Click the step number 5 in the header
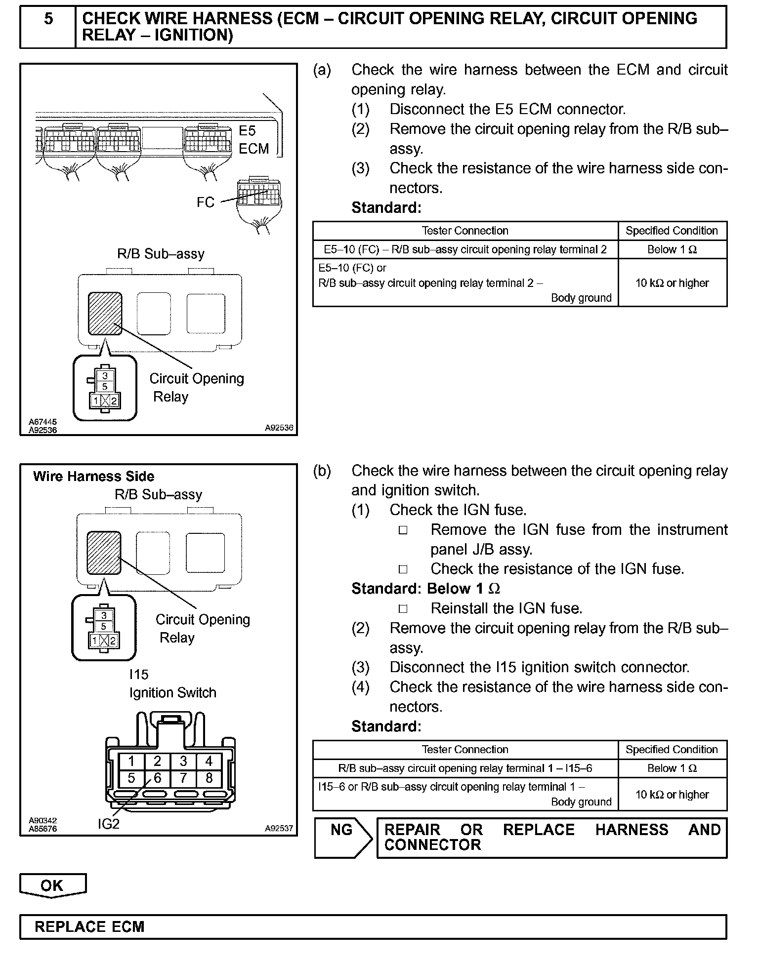pyautogui.click(x=48, y=19)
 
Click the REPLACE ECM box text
pyautogui.click(x=89, y=926)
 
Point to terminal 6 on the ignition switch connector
pyautogui.click(x=157, y=778)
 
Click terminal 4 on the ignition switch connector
pyautogui.click(x=209, y=761)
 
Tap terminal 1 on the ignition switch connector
pyautogui.click(x=131, y=761)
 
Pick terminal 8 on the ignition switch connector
pyautogui.click(x=209, y=778)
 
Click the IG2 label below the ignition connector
pyautogui.click(x=108, y=823)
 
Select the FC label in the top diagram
pyautogui.click(x=206, y=202)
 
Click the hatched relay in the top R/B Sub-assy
pyautogui.click(x=105, y=313)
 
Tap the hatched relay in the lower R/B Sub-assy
pyautogui.click(x=104, y=553)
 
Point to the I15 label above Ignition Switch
pyautogui.click(x=139, y=674)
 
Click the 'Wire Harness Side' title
pyautogui.click(x=93, y=477)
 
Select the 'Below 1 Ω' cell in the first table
pyautogui.click(x=672, y=249)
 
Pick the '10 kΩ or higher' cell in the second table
pyautogui.click(x=672, y=794)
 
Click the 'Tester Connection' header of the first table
pyautogui.click(x=465, y=231)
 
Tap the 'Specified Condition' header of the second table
pyautogui.click(x=672, y=749)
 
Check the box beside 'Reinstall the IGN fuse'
pyautogui.click(x=403, y=608)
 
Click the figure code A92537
pyautogui.click(x=279, y=828)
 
